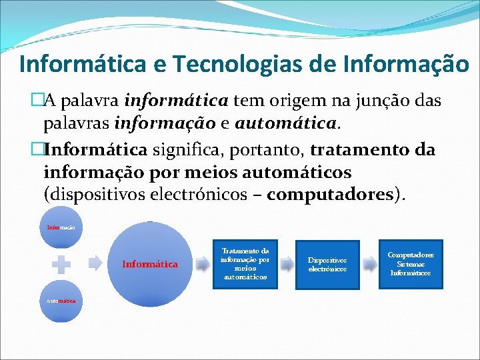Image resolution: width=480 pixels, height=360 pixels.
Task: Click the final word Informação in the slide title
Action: (406, 64)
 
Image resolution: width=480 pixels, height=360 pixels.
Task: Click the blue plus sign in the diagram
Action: (61, 264)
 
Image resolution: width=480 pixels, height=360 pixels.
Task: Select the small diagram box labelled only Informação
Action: (61, 228)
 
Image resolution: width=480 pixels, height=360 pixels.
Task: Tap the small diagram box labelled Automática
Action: (61, 301)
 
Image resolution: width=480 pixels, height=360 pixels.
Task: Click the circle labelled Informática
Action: (150, 264)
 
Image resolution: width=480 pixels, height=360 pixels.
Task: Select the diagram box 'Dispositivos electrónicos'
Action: (327, 264)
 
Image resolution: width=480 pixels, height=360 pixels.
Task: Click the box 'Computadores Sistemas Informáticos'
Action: (410, 264)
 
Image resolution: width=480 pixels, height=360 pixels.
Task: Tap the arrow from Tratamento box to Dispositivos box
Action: (286, 264)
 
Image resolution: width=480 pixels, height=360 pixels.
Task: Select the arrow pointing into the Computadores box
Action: (369, 264)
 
